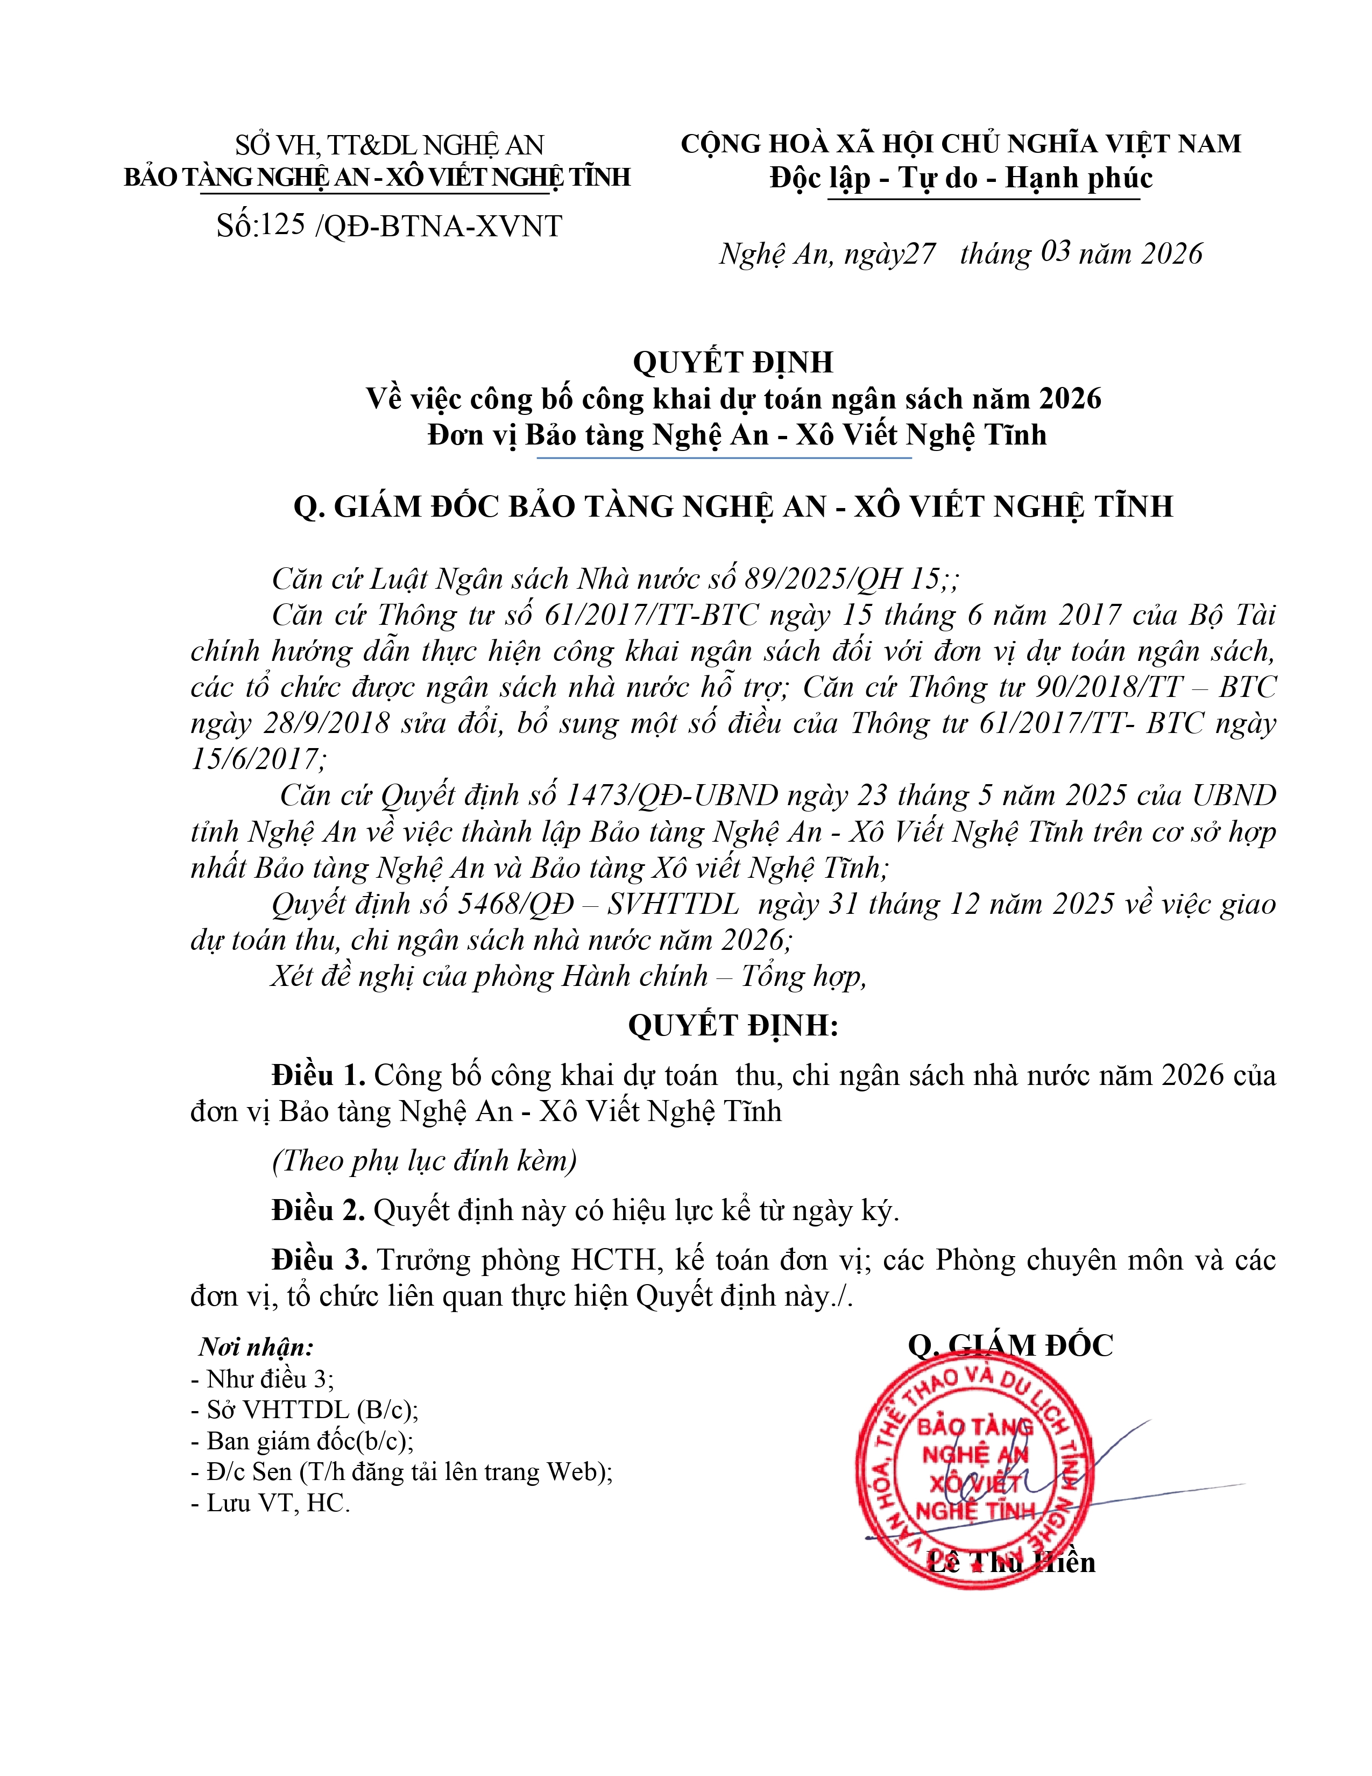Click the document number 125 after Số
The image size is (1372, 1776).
[x=283, y=225]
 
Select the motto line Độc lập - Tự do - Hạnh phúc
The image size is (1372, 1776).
[x=961, y=178]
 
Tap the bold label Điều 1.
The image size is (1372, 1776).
[x=319, y=1076]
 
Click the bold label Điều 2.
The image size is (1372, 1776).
[x=319, y=1211]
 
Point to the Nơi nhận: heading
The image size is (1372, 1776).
[x=256, y=1348]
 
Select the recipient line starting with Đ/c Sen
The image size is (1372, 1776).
[x=401, y=1472]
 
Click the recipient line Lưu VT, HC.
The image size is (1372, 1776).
[x=270, y=1503]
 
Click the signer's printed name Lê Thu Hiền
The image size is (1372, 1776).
[x=1011, y=1562]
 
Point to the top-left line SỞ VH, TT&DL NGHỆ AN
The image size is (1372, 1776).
[x=390, y=145]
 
